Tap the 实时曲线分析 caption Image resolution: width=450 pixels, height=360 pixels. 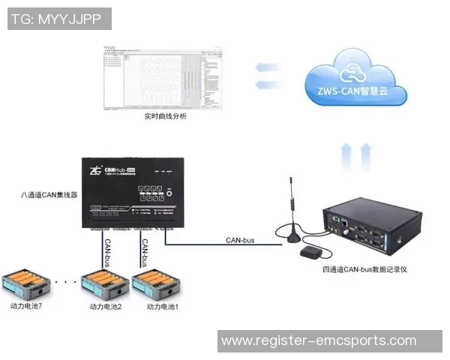(x=164, y=117)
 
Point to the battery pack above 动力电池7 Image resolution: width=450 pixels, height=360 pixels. (x=26, y=284)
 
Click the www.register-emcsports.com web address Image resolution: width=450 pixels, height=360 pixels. (x=319, y=340)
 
